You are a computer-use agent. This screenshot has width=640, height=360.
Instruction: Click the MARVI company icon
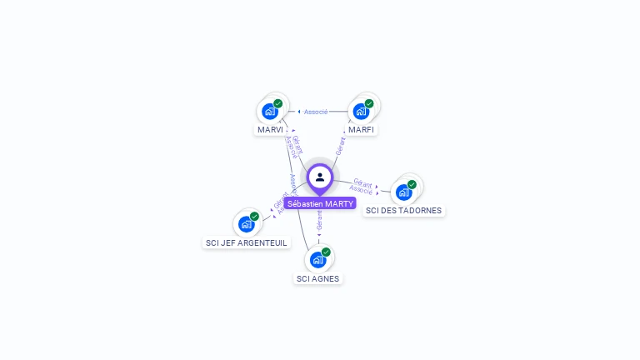270,111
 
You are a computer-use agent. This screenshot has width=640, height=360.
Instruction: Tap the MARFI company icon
361,111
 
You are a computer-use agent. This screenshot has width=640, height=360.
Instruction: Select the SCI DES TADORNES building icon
404,192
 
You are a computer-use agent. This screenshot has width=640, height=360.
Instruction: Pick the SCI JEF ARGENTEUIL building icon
247,223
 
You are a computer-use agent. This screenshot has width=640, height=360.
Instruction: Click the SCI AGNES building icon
317,259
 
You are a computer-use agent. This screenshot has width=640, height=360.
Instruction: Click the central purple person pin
320,177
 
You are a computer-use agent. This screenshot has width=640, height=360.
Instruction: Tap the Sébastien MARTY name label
320,203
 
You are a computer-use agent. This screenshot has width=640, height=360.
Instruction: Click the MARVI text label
270,130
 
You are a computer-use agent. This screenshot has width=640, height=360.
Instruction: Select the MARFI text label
362,130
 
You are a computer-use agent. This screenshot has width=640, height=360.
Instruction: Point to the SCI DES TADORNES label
404,211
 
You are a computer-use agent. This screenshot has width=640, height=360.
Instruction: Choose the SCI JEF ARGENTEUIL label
247,242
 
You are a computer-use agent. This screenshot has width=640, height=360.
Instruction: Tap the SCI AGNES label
318,278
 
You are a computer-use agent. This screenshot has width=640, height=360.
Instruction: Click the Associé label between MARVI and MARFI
316,112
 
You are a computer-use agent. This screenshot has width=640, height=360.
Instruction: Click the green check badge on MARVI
278,104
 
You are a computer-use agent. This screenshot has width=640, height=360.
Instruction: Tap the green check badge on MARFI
369,104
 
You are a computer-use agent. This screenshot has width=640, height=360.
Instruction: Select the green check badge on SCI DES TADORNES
412,184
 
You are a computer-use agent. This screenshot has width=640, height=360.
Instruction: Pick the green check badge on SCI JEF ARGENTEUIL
254,217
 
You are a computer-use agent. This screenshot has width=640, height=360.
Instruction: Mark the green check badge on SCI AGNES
326,252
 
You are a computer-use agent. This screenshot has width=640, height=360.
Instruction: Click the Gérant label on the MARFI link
340,147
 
